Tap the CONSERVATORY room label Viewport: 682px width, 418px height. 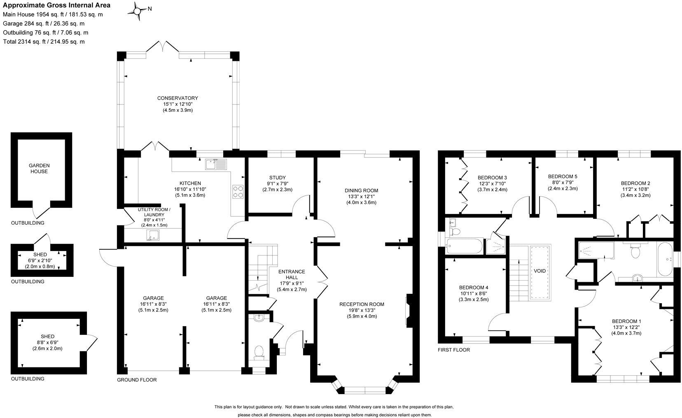[178, 98]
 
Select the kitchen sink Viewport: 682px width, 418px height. [216, 164]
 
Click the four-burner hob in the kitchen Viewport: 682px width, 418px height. [238, 192]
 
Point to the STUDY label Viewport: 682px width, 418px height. [277, 178]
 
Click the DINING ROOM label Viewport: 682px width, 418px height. [362, 190]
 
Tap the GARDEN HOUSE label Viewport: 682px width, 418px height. [39, 169]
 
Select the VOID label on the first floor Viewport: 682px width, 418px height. [540, 271]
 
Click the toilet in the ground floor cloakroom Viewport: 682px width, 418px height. [259, 353]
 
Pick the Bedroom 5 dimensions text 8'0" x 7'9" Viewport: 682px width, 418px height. [563, 183]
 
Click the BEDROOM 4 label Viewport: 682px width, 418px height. [474, 288]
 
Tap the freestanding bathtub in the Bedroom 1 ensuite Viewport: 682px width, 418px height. [665, 259]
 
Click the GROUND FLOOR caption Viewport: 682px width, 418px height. [137, 380]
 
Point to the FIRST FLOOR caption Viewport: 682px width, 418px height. [454, 350]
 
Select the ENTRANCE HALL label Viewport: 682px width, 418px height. [291, 274]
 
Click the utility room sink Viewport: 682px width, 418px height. [152, 235]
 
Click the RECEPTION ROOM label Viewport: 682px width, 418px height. [362, 304]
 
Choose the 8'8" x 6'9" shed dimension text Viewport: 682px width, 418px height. [47, 343]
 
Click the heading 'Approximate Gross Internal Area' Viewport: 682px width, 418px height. [57, 5]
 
